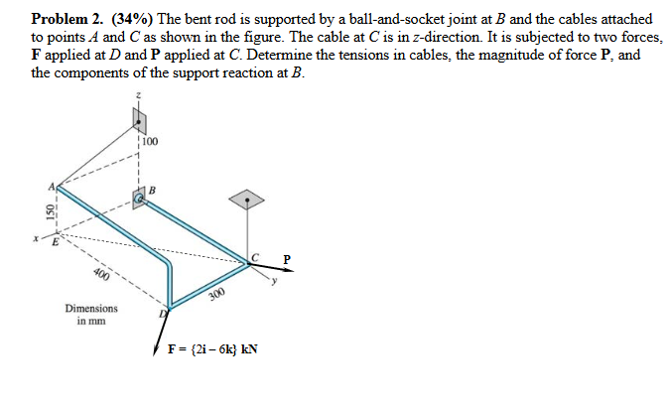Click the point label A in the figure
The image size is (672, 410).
[47, 185]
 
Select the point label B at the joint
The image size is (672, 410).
[152, 189]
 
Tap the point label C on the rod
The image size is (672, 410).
[256, 256]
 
